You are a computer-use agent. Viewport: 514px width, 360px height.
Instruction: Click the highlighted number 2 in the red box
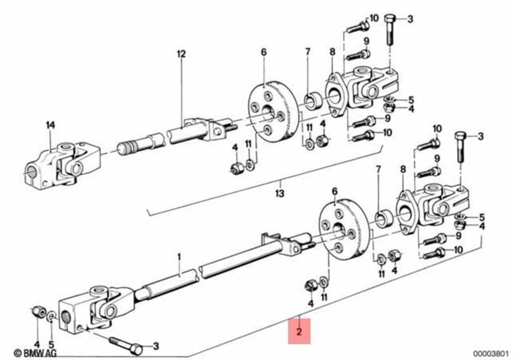click(299, 332)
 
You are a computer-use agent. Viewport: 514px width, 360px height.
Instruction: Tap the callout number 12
click(181, 54)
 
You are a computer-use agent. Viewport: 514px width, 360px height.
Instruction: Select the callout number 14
click(50, 125)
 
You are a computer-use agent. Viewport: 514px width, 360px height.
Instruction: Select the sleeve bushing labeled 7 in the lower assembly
click(382, 219)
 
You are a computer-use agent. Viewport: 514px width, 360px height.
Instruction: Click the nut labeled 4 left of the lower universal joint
click(36, 311)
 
